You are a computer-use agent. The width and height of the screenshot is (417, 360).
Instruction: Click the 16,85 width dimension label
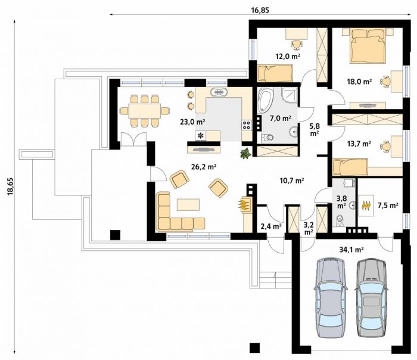coord(260,10)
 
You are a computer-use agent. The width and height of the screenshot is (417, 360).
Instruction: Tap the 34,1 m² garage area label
coord(351,249)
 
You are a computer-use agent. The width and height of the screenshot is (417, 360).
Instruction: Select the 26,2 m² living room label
coord(204,167)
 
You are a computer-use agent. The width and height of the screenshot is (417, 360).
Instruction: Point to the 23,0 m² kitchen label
coord(192,122)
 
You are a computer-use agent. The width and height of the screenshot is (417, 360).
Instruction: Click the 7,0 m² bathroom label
coord(281,118)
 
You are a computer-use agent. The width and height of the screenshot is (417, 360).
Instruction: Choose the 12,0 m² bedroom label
coord(288,56)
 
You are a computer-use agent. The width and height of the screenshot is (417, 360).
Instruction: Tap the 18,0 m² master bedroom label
coord(359,82)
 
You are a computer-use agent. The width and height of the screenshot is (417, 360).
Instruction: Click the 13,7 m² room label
coord(359,144)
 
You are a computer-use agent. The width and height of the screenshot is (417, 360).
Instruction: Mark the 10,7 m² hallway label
coord(292,181)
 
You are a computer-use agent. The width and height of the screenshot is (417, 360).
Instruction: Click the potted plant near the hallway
coord(245,154)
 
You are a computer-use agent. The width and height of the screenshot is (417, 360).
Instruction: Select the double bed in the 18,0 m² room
coord(368,46)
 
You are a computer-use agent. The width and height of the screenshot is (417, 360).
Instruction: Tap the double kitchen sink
coord(219,92)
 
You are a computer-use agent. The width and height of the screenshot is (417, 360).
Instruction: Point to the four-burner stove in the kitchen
coord(247,125)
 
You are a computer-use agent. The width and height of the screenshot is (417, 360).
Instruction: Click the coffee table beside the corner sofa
coord(188,204)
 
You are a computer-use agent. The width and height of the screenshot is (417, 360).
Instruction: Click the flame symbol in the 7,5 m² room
coord(366,205)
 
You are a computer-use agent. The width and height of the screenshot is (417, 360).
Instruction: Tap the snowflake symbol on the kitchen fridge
coord(201,136)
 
